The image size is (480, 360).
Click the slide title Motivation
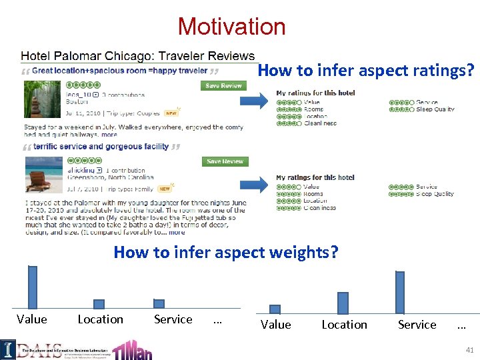(x=231, y=27)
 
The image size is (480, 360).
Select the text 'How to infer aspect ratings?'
(x=366, y=71)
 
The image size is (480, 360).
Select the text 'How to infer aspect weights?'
(x=226, y=253)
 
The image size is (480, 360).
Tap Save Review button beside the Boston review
(x=223, y=85)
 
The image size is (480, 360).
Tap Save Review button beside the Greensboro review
(x=225, y=161)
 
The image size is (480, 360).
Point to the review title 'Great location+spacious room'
(x=120, y=71)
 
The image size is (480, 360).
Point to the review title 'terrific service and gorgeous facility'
(x=101, y=147)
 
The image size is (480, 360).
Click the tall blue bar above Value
(x=32, y=287)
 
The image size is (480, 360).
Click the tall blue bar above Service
(x=399, y=292)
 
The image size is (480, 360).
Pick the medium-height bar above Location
(x=343, y=303)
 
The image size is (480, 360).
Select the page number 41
(x=470, y=350)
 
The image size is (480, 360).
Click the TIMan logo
(x=131, y=349)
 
